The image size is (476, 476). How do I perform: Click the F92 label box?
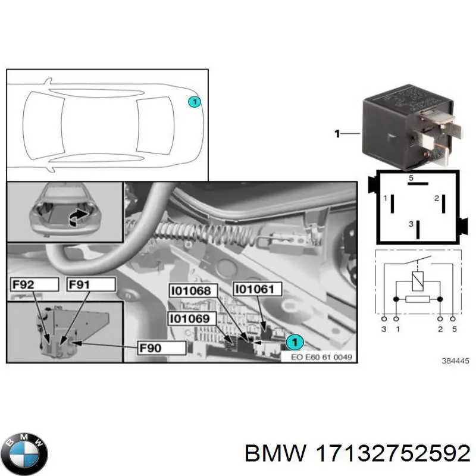(x=33, y=285)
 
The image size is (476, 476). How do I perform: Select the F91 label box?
(x=90, y=285)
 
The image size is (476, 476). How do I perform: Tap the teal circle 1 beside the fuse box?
(x=293, y=342)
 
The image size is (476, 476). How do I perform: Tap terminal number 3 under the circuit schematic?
(x=384, y=328)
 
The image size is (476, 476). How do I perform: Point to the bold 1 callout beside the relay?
(x=337, y=134)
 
